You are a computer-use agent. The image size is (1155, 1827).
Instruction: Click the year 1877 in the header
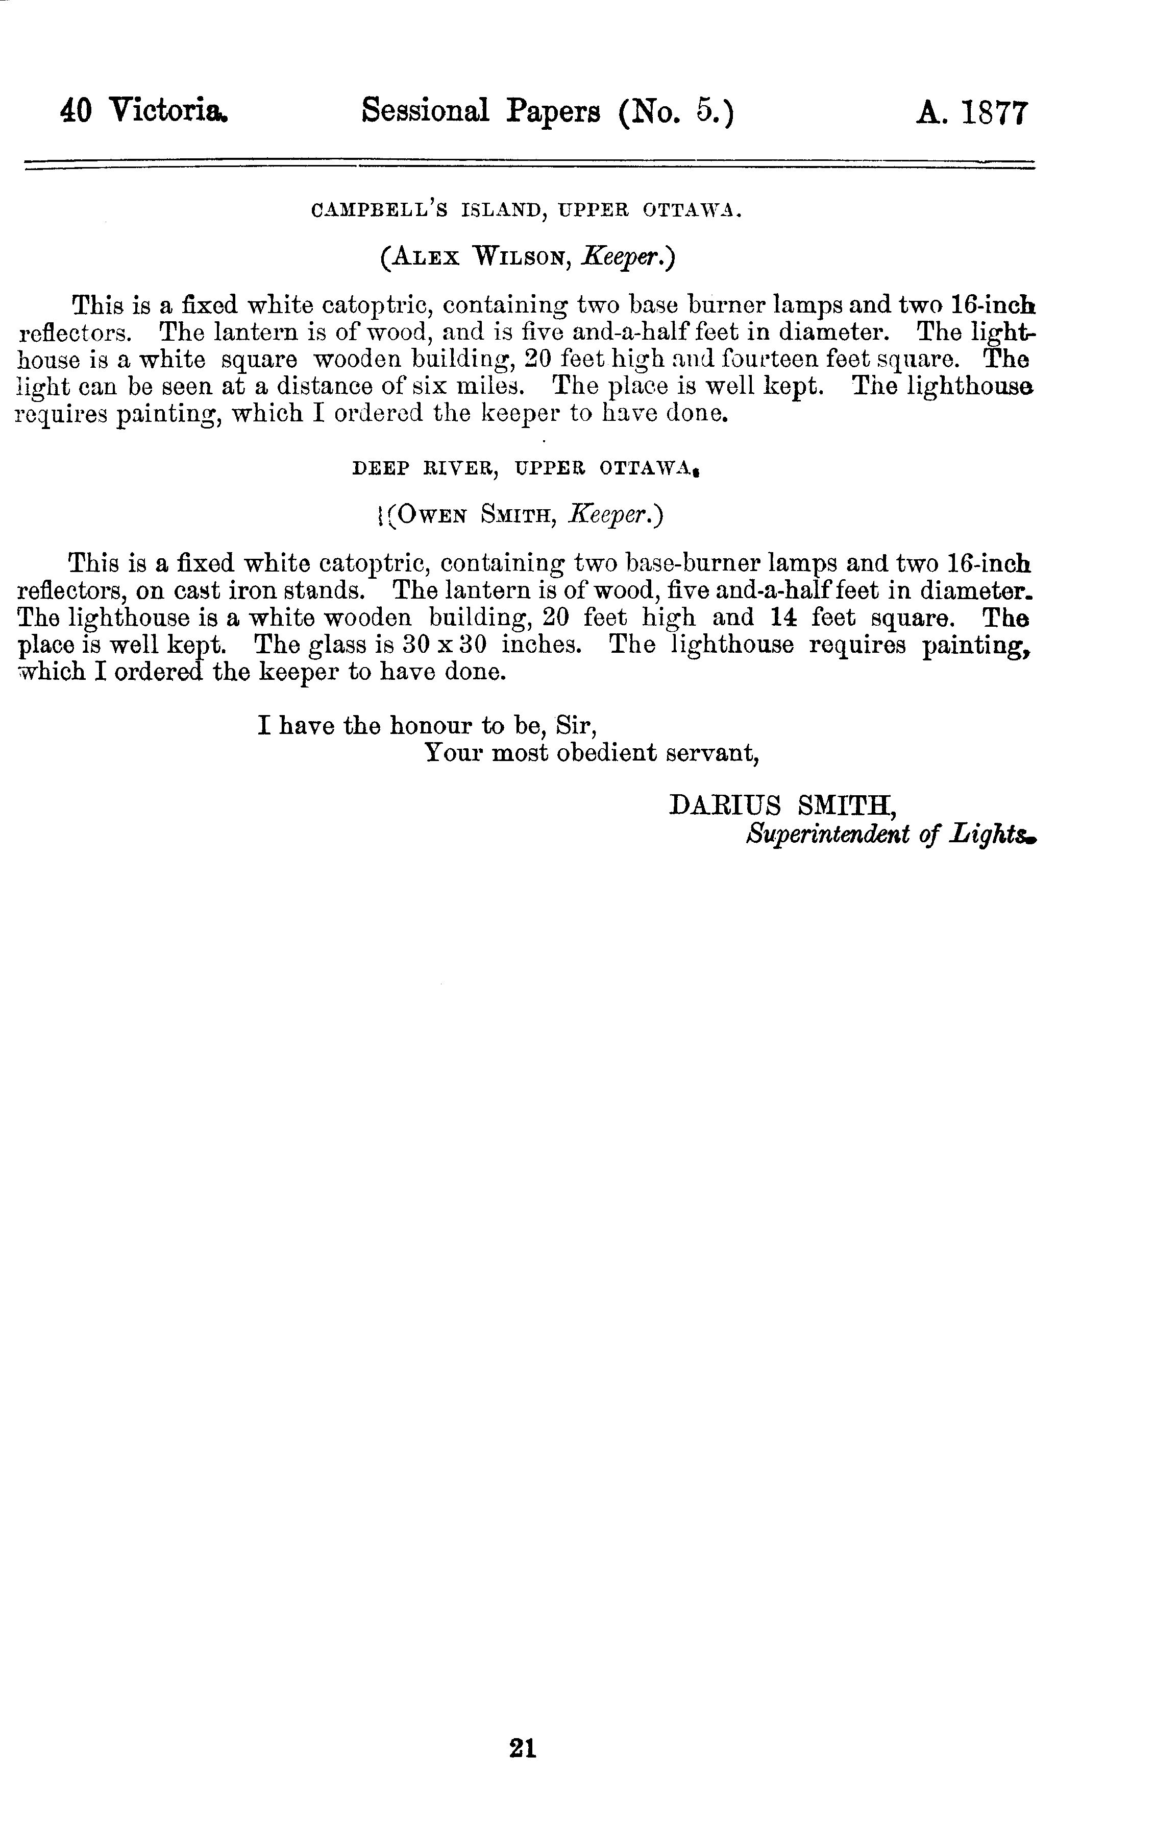[995, 113]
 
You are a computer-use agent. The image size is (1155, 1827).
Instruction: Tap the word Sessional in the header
[426, 111]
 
